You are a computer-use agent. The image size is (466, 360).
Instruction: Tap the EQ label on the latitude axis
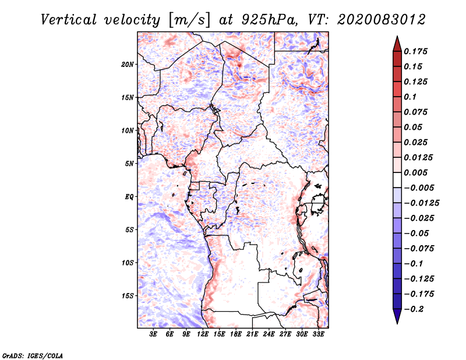(x=129, y=197)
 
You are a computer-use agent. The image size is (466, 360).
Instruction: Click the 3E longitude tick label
(x=153, y=334)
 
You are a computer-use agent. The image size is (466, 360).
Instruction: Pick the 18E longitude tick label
(x=236, y=334)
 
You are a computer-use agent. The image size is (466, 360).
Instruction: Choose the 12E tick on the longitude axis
(x=203, y=334)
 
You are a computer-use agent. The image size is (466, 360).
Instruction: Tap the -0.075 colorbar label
(x=416, y=248)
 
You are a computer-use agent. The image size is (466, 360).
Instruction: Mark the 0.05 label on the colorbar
(x=414, y=127)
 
